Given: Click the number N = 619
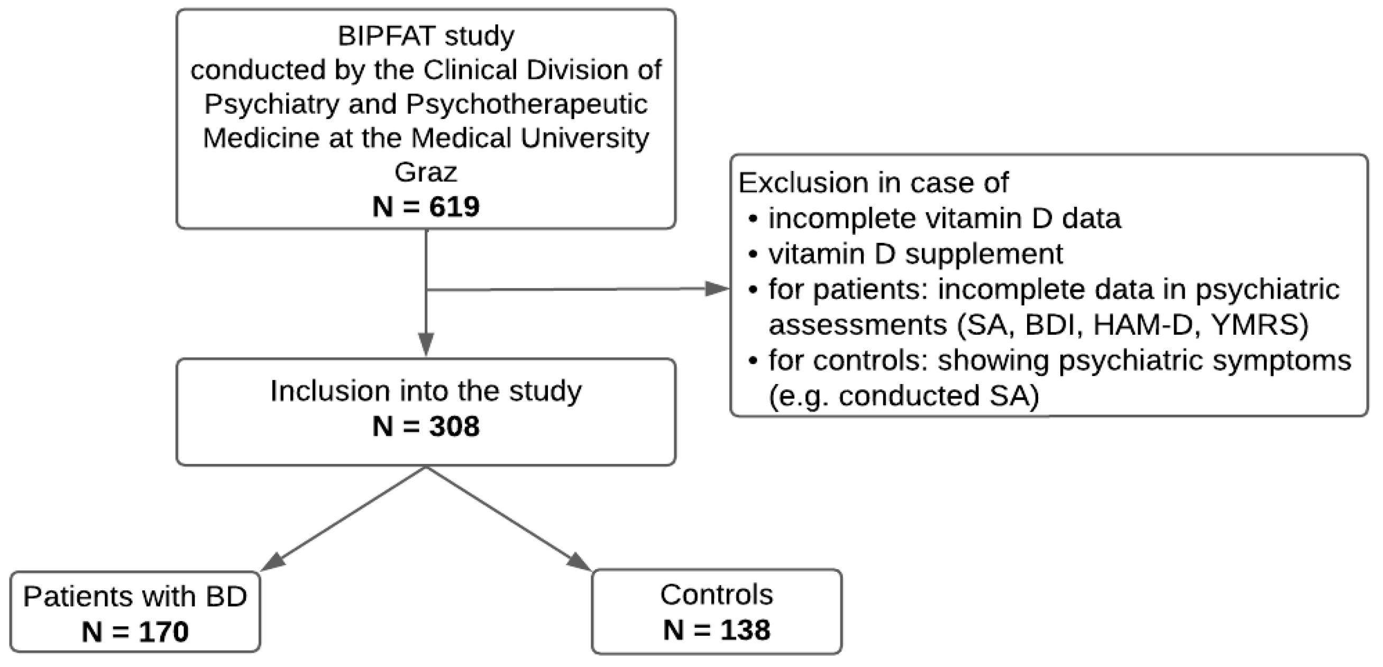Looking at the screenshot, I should pos(426,207).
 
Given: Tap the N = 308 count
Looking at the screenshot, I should pos(426,426).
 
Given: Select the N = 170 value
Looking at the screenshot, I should pos(135,631).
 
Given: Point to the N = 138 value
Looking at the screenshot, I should pos(716,629).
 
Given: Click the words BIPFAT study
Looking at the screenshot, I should pos(426,36).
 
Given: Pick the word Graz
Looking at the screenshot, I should pos(426,172).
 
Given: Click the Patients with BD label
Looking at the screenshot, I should pos(135,596).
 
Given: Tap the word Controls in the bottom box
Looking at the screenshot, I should pos(716,595).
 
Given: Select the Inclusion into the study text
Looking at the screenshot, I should pos(426,391).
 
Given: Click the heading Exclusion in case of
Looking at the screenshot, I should pos(874,182).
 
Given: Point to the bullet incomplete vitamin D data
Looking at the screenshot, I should pos(944,218).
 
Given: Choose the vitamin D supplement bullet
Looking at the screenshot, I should pos(915,254).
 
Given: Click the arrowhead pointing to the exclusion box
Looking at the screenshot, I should pos(717,289).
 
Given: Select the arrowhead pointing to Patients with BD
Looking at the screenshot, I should pos(271,562).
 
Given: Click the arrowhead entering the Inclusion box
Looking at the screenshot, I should pos(426,344).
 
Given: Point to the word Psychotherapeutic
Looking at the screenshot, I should pos(526,104).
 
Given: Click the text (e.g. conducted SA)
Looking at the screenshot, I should pos(903,396).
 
